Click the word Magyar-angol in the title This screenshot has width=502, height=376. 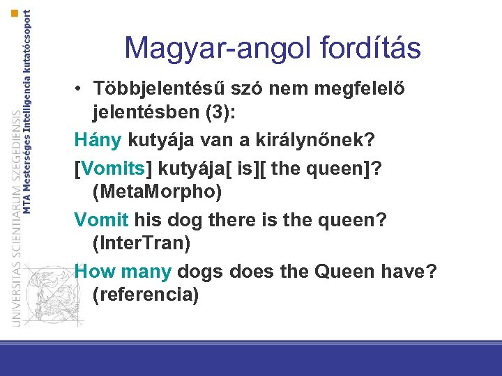pyautogui.click(x=208, y=49)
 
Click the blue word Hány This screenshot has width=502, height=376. pyautogui.click(x=98, y=140)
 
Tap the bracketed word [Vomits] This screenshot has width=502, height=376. pyautogui.click(x=114, y=169)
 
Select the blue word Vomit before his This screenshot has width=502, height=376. pyautogui.click(x=101, y=220)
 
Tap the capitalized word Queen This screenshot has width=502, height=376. pyautogui.click(x=342, y=272)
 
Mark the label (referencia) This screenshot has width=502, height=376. pyautogui.click(x=145, y=294)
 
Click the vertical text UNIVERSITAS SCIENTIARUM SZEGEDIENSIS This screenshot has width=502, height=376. pyautogui.click(x=15, y=216)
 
